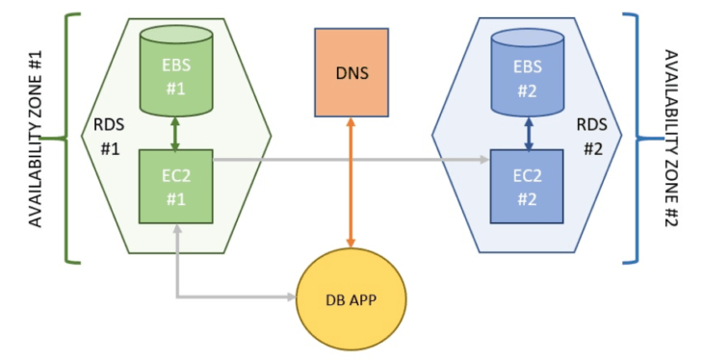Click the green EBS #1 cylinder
(x=175, y=73)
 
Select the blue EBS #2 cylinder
(x=528, y=73)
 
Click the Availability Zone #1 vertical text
(x=37, y=139)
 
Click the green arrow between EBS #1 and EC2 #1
(x=175, y=134)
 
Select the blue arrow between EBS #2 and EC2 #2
(x=528, y=134)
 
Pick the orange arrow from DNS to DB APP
(x=351, y=183)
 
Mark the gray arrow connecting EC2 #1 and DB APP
(x=221, y=296)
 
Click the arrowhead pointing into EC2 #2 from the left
(x=485, y=162)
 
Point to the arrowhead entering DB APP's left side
(x=292, y=296)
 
